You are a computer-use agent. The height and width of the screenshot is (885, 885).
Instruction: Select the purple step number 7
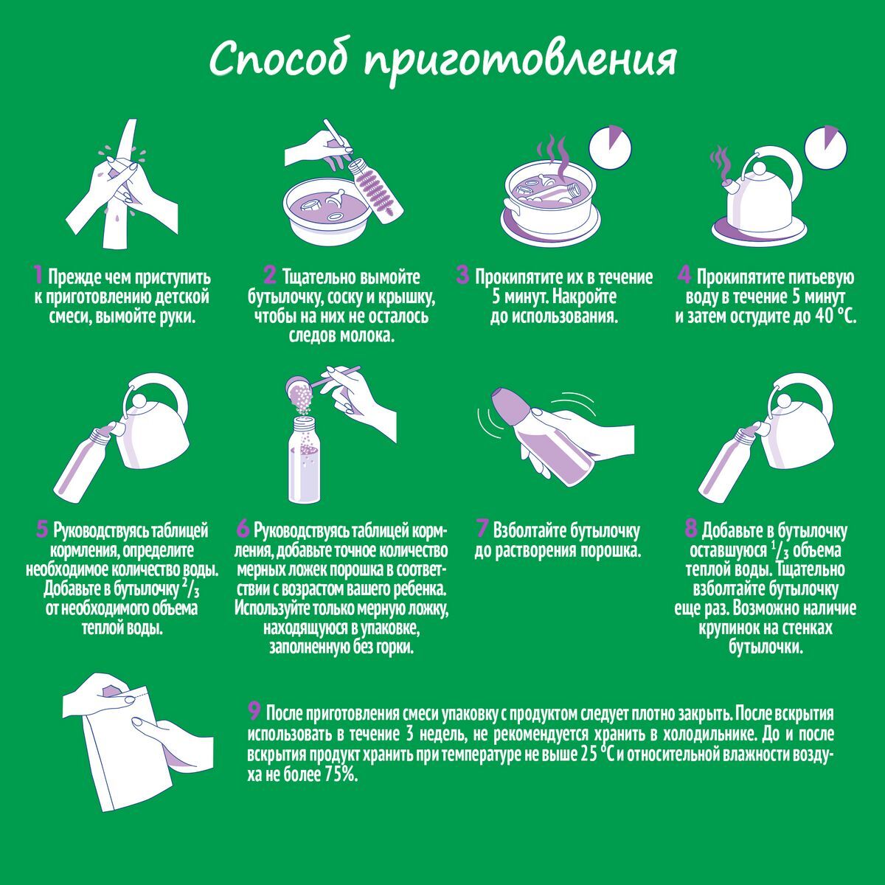(482, 529)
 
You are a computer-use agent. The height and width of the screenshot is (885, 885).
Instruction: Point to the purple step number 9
(254, 712)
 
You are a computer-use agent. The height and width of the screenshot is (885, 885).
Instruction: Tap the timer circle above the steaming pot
(611, 147)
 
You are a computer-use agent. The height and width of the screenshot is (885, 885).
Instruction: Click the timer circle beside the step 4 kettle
(826, 147)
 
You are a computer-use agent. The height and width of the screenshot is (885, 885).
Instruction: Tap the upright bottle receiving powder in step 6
(304, 459)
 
